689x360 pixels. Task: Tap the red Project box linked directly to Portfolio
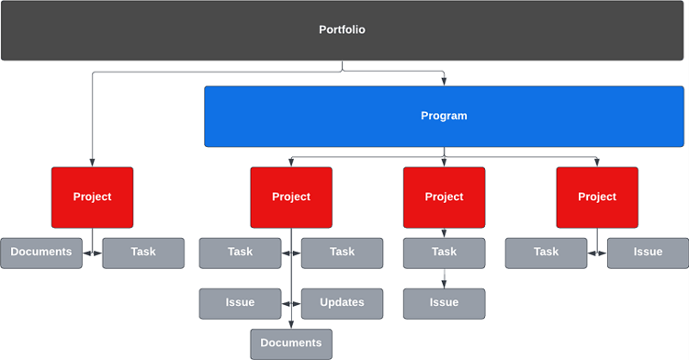(92, 197)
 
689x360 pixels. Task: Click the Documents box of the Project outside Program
(41, 253)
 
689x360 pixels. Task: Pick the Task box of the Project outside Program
(143, 253)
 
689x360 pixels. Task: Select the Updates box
(342, 303)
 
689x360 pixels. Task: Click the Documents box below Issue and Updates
(291, 343)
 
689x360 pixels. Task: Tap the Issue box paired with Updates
(240, 303)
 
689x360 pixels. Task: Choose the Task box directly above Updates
(342, 253)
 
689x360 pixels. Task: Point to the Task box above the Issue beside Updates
(240, 253)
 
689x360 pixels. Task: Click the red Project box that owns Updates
(291, 197)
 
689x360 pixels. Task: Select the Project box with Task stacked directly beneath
(444, 197)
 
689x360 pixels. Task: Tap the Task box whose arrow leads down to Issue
(444, 253)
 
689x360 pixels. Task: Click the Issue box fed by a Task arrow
(444, 303)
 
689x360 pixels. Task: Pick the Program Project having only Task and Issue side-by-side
(597, 197)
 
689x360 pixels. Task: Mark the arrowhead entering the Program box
(444, 83)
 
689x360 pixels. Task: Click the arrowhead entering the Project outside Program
(92, 163)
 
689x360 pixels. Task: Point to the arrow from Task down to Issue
(444, 278)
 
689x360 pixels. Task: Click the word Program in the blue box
(444, 117)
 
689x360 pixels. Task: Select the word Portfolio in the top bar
(342, 30)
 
